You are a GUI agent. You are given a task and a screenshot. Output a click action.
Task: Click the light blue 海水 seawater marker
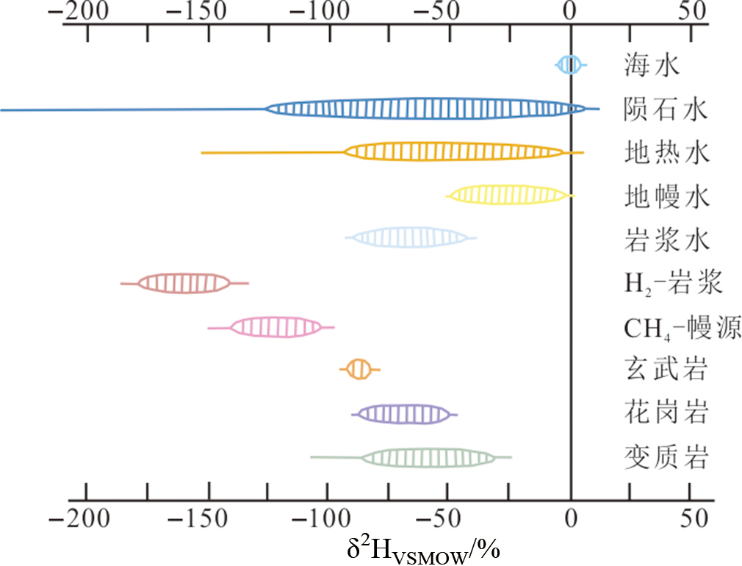(569, 65)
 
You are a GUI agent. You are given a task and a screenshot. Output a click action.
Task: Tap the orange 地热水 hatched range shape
(454, 152)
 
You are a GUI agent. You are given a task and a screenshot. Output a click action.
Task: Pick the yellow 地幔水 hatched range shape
(509, 195)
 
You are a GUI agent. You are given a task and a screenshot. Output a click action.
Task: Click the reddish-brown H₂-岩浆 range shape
(184, 283)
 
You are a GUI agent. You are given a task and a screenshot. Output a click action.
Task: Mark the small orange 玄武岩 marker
(359, 369)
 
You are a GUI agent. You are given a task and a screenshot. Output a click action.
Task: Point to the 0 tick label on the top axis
(570, 11)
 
